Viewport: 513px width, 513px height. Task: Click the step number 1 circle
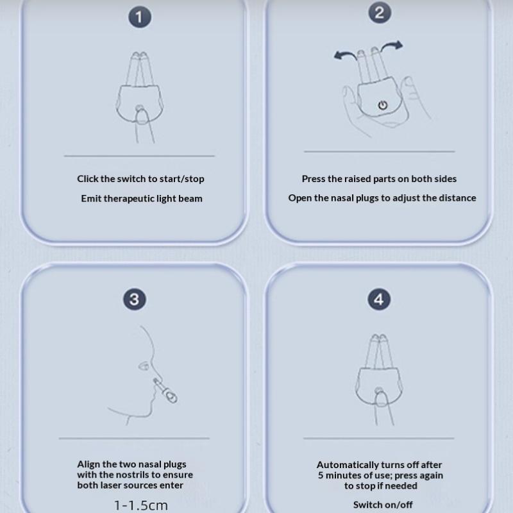(x=140, y=17)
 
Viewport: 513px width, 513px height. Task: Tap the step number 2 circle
(x=380, y=13)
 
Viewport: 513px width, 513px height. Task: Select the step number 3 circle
(x=135, y=299)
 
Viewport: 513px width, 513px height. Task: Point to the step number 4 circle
(x=379, y=299)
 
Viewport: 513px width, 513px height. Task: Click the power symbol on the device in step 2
(x=382, y=105)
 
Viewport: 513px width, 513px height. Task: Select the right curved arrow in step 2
(x=392, y=45)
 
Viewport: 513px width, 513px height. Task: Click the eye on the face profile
(x=144, y=366)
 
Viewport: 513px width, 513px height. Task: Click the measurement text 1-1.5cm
(x=141, y=505)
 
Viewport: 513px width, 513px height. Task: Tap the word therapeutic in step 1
(x=129, y=199)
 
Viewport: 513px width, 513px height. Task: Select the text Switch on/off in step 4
(x=383, y=505)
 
